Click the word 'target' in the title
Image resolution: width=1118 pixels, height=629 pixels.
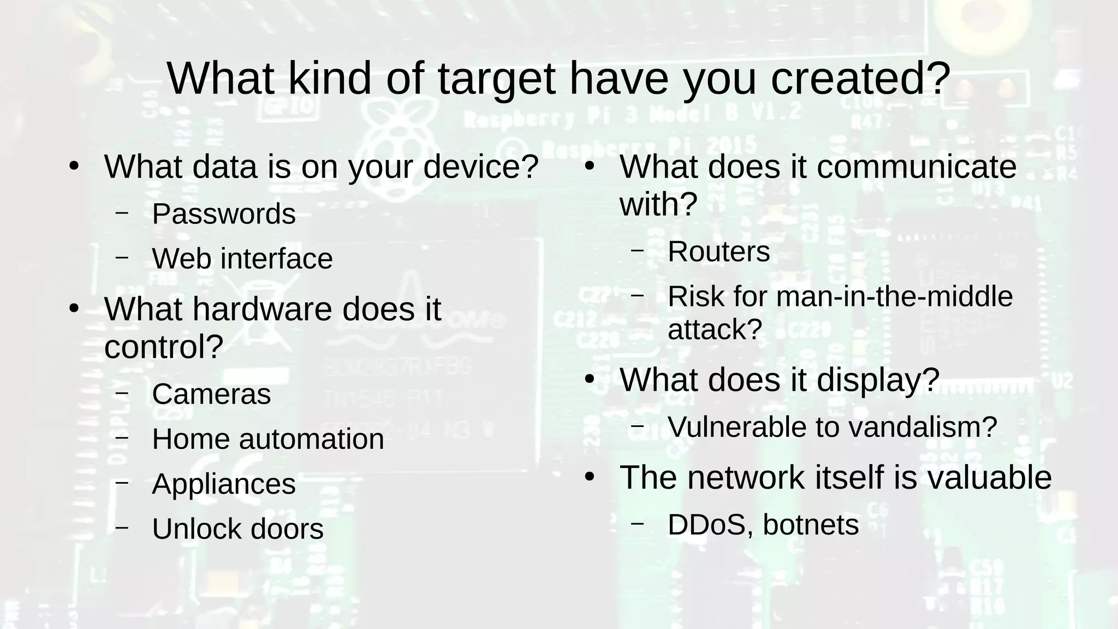point(496,79)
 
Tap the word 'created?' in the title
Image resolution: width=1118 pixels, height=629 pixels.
point(861,79)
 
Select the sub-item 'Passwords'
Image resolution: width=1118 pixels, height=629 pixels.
point(224,213)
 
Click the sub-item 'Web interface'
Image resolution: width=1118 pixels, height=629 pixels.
point(242,258)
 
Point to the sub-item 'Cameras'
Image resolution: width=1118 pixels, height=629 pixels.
point(211,394)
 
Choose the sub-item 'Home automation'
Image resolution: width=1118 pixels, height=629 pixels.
point(268,438)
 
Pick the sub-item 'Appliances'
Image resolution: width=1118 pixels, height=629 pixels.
point(224,484)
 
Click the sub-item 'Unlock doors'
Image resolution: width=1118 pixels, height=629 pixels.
point(237,529)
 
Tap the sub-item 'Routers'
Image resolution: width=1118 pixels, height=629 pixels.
point(718,252)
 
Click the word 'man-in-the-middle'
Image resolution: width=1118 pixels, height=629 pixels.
point(894,296)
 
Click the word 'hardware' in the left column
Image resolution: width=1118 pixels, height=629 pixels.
point(263,309)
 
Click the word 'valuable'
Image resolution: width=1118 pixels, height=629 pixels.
point(989,477)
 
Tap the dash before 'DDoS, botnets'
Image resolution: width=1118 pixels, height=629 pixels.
point(637,525)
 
